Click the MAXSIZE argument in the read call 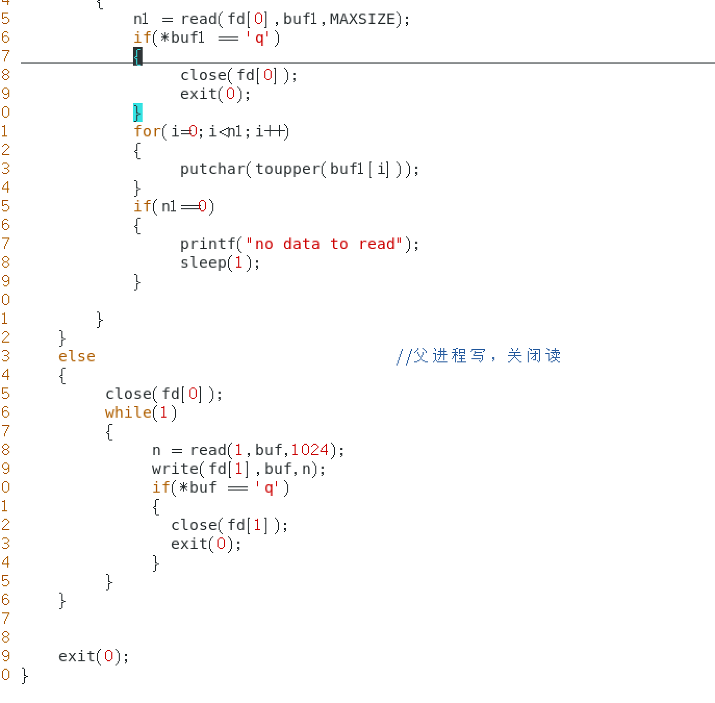[362, 19]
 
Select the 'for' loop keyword [147, 131]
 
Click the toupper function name [287, 169]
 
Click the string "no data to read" [324, 244]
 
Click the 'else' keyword [76, 356]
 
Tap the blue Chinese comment [478, 356]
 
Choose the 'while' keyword [127, 412]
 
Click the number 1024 [310, 450]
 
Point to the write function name [175, 469]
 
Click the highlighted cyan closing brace [137, 112]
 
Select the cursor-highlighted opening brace [137, 56]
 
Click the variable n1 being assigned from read [141, 19]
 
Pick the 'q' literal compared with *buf [269, 488]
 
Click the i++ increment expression [271, 131]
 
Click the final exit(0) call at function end [93, 656]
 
